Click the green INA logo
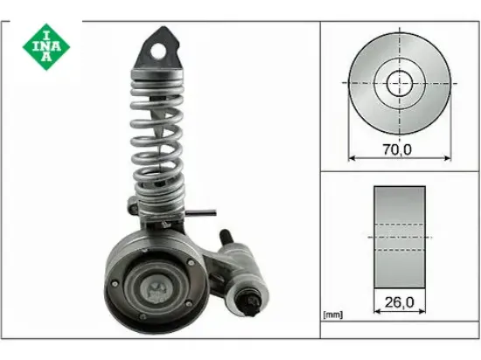pos(41,46)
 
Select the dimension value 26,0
pos(400,304)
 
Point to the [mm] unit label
pos(333,314)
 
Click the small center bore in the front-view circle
pos(400,84)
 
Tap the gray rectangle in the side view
pos(400,236)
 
